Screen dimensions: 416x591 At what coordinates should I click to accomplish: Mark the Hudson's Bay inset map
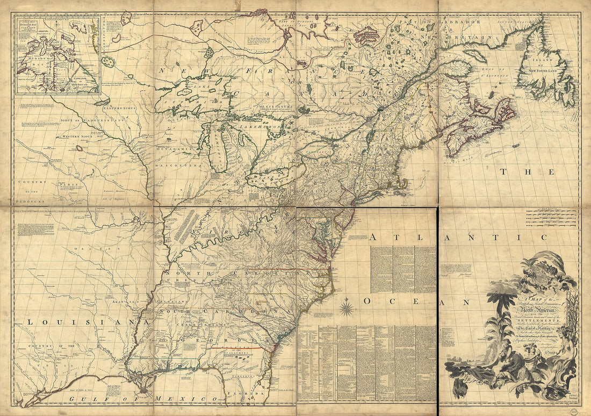[x=57, y=55]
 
